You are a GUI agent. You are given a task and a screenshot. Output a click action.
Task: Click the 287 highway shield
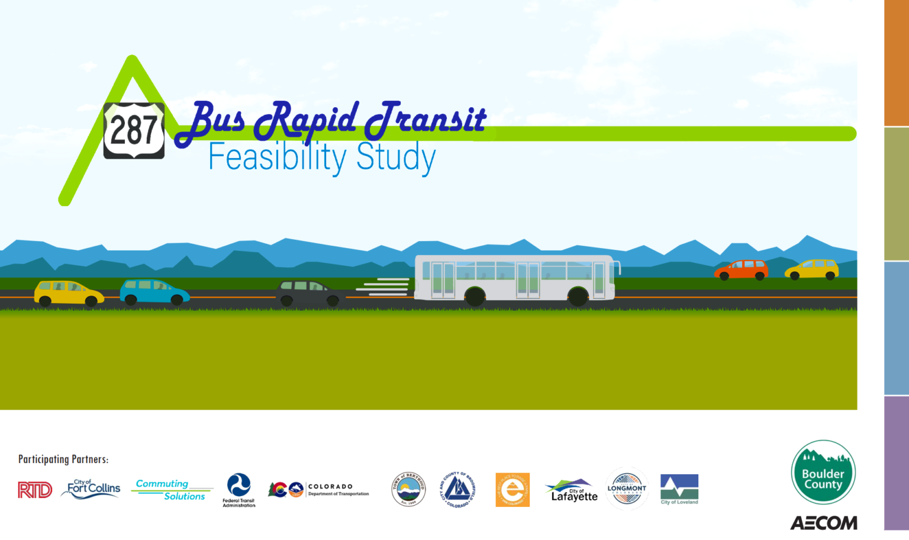pos(134,130)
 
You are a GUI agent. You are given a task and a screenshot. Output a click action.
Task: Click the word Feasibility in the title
pos(277,157)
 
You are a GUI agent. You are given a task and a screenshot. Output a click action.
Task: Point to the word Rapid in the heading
pos(306,118)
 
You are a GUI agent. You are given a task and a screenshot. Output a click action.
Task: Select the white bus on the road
pos(515,278)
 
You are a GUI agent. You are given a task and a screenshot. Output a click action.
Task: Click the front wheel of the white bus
pos(578,296)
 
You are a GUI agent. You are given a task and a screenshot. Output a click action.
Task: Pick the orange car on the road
pos(741,269)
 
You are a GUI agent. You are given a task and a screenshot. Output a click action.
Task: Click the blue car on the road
pos(154,291)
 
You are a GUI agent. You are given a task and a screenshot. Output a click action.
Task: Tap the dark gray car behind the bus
pos(310,292)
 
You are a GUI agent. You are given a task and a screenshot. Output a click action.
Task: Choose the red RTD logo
pos(35,490)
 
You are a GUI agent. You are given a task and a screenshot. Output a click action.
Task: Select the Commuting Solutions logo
pos(171,490)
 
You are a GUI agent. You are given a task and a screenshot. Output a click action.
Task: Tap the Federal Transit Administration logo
pos(239,490)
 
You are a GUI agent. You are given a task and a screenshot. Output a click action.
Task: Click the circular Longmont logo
pos(627,489)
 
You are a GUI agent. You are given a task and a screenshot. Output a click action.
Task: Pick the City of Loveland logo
pos(679,489)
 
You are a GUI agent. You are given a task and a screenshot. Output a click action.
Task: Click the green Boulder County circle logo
pos(823,472)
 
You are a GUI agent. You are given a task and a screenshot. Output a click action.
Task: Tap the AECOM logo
pos(823,523)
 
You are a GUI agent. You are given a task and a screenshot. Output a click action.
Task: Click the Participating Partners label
pos(63,459)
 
